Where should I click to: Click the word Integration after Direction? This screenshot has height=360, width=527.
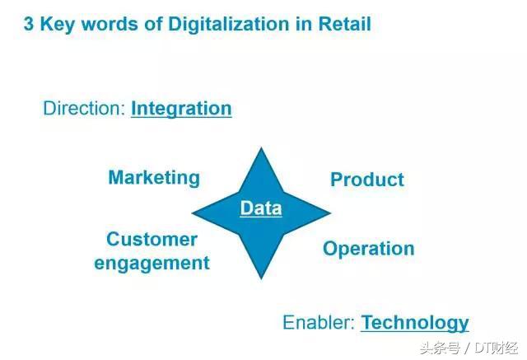(x=181, y=109)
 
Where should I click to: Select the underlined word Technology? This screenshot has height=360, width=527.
(x=415, y=323)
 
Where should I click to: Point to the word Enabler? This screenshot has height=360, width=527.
(x=319, y=322)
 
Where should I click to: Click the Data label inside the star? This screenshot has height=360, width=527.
(x=261, y=208)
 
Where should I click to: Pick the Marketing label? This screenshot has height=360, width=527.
(x=154, y=178)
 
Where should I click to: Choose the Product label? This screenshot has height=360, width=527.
(x=367, y=180)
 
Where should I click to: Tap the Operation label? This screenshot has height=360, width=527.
(x=369, y=249)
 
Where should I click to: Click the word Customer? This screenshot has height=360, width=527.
(x=152, y=240)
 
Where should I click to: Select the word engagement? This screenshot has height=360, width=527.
(x=152, y=263)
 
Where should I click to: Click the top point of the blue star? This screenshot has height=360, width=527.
(x=261, y=148)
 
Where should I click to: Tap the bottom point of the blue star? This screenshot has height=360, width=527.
(x=261, y=278)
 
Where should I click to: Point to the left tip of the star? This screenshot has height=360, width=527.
(x=192, y=213)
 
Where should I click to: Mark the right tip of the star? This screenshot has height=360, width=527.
(x=331, y=213)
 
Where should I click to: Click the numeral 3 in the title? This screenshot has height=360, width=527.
(x=29, y=24)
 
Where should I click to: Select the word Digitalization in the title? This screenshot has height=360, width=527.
(x=229, y=24)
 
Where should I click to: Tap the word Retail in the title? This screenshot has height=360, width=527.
(x=344, y=24)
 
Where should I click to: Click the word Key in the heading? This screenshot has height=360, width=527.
(x=57, y=25)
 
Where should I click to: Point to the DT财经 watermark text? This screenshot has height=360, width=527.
(x=496, y=348)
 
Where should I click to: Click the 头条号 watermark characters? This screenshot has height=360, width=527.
(x=440, y=348)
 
